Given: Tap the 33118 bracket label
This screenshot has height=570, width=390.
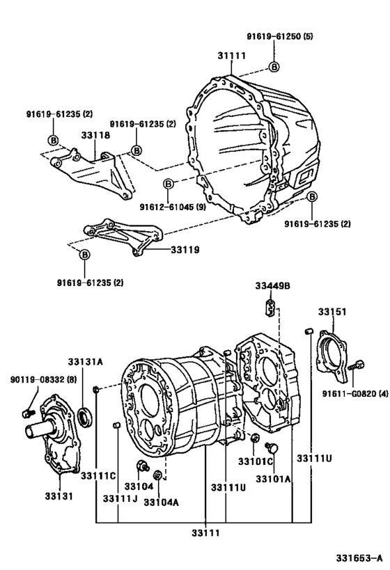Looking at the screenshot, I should pyautogui.click(x=95, y=137).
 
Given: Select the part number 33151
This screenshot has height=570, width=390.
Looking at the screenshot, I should pyautogui.click(x=333, y=312).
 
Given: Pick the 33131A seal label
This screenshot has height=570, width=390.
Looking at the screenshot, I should pyautogui.click(x=85, y=362).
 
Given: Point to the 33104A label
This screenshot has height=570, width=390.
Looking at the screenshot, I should pyautogui.click(x=162, y=501).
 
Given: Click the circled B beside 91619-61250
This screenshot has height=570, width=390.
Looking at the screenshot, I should pyautogui.click(x=274, y=67).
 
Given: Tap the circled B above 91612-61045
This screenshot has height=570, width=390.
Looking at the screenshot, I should pyautogui.click(x=168, y=184).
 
